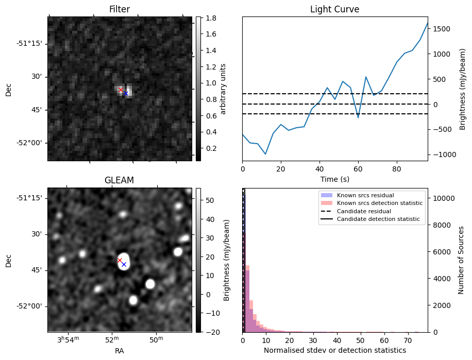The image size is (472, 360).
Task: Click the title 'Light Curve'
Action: [334, 9]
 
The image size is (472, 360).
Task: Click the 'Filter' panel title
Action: [120, 9]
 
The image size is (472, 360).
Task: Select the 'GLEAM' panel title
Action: [120, 180]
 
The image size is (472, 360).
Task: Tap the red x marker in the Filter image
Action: [121, 90]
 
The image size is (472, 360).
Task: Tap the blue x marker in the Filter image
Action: [126, 93]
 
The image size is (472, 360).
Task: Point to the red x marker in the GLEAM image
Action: [120, 260]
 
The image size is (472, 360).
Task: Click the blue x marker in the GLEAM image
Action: [124, 264]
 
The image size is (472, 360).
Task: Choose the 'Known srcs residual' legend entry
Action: [365, 196]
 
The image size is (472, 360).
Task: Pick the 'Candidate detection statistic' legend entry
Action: [378, 219]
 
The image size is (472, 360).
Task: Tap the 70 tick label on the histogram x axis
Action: [408, 340]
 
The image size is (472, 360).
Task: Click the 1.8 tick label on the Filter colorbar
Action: [210, 18]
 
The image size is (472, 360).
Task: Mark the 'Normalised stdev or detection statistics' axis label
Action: [334, 350]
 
